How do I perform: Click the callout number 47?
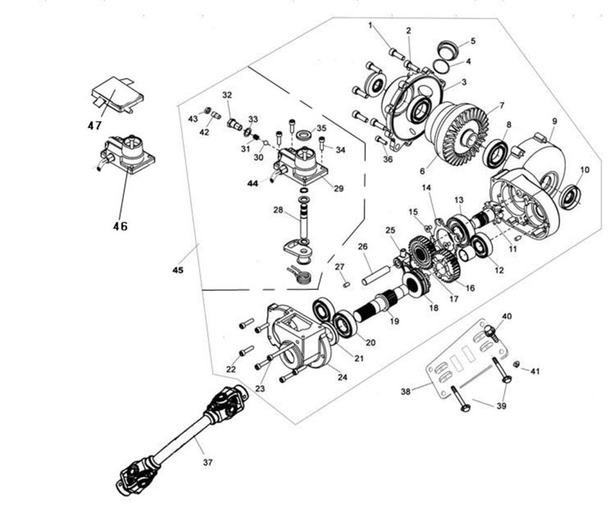[94, 126]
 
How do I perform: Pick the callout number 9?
[554, 121]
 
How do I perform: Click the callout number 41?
[535, 371]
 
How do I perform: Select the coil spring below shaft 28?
[303, 276]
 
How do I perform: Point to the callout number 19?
[394, 321]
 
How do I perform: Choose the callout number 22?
[231, 369]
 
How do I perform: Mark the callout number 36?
[388, 159]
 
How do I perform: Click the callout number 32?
[227, 95]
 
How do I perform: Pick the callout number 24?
[342, 377]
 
